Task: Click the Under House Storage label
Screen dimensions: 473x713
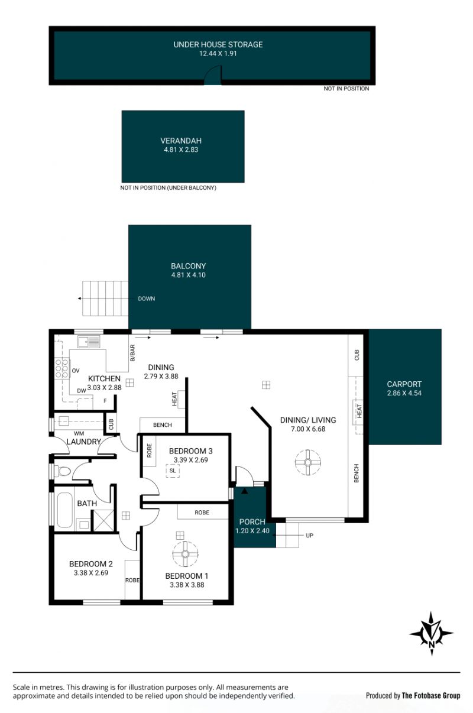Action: coord(218,44)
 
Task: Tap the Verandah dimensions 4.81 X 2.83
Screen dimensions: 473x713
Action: coord(181,150)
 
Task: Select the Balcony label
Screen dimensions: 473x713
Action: coord(189,266)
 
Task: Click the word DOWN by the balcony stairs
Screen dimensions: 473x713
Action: coord(147,299)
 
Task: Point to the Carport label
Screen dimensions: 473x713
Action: coord(404,384)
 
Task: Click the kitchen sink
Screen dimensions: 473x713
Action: coord(89,342)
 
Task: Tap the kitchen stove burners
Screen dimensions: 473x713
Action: coord(61,368)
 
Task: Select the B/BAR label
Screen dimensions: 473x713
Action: coord(132,353)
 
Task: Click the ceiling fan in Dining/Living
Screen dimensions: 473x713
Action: coord(307,462)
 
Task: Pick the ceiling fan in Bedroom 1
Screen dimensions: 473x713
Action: coord(185,554)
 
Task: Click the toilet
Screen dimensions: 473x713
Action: coord(63,471)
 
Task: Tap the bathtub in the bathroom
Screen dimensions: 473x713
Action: coord(65,510)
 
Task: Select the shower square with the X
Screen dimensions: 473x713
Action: coord(103,520)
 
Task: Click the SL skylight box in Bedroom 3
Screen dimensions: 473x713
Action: coord(173,471)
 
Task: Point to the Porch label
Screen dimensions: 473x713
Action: coord(252,521)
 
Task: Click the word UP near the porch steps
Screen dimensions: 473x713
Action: coord(309,536)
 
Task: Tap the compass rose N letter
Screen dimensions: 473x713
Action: coord(432,644)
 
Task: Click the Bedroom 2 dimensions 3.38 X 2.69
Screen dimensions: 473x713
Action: coord(91,573)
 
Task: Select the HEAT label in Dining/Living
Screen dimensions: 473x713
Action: coord(359,411)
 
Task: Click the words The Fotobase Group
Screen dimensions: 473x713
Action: coord(431,695)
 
